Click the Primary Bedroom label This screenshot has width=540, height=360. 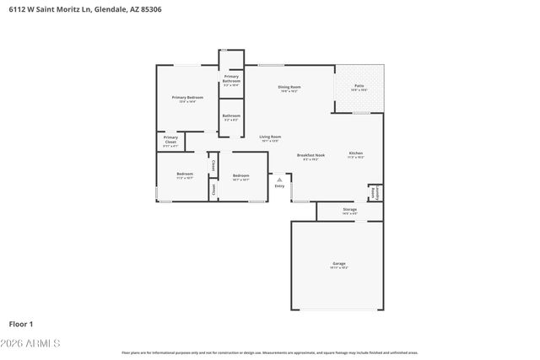(x=187, y=98)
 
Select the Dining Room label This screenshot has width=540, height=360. (x=290, y=88)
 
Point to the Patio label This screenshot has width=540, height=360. (x=359, y=87)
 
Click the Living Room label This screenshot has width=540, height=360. (x=270, y=137)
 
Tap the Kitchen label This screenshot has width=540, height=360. (x=356, y=153)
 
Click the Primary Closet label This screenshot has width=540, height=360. (x=170, y=140)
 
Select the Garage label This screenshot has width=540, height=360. (x=339, y=264)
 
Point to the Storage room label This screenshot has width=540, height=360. (x=349, y=210)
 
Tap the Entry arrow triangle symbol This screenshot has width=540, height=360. (x=279, y=179)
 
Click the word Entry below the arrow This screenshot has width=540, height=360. (x=279, y=186)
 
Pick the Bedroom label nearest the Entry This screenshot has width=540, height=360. (x=240, y=175)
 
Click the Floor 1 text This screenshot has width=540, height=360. (x=20, y=323)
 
